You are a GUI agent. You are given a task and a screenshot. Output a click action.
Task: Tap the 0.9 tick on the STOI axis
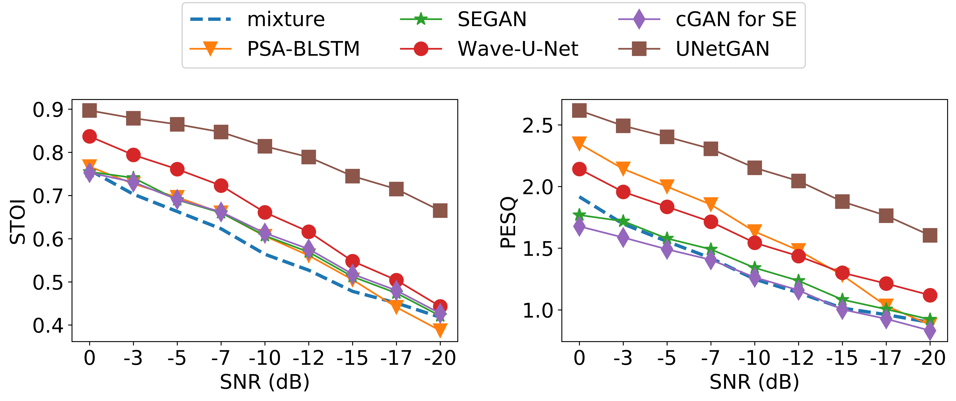pos(48,110)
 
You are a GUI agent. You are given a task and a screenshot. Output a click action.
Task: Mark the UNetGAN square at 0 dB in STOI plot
pos(89,110)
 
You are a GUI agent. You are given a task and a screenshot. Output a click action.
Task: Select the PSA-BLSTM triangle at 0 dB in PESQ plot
pos(579,143)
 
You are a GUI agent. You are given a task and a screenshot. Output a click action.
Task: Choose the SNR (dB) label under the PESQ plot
pos(754,382)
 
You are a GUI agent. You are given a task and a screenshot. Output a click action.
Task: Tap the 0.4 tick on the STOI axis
pos(48,325)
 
